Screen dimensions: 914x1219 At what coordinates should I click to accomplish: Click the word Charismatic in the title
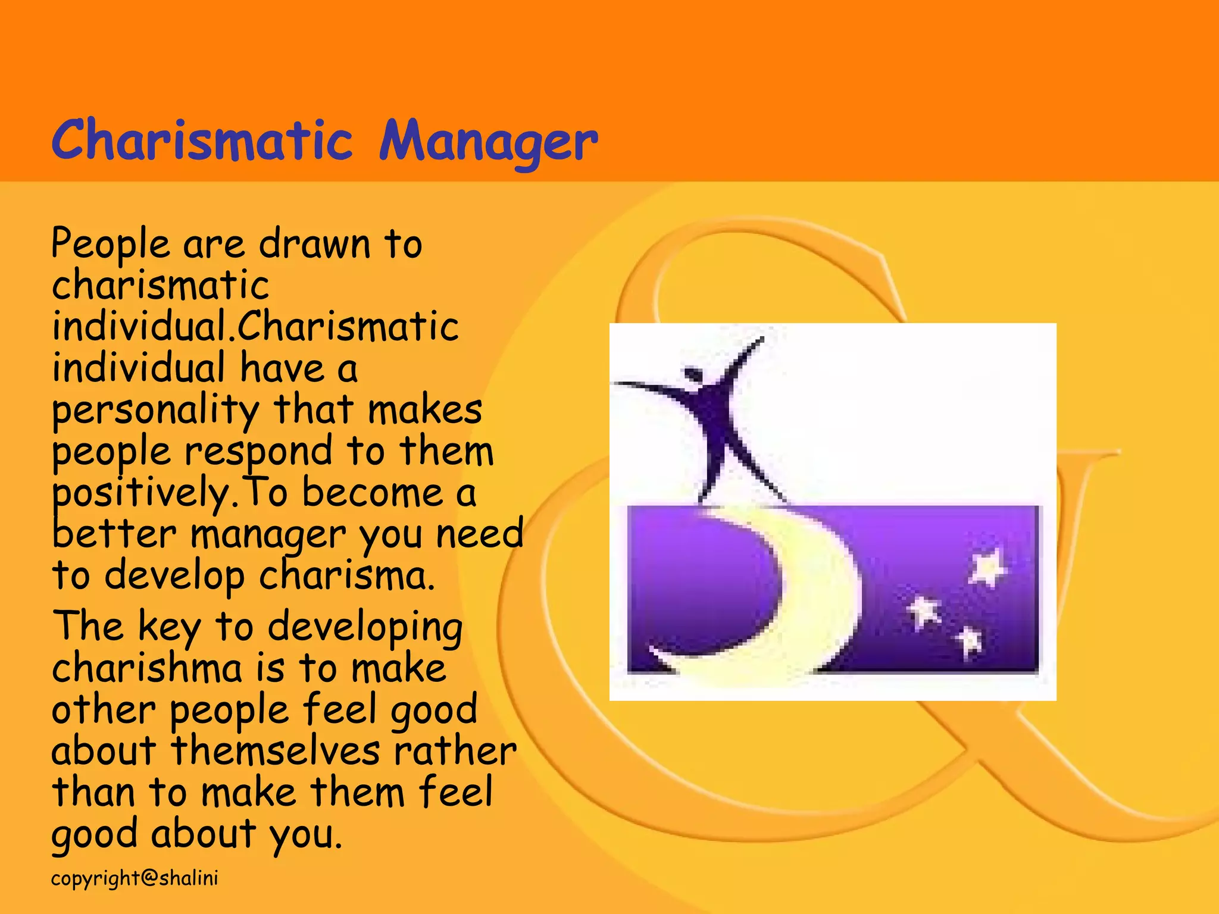[202, 140]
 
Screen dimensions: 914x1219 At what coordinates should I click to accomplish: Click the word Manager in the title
[488, 143]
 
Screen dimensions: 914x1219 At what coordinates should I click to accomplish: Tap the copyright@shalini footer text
[135, 878]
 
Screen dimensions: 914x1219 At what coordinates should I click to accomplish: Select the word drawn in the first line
[315, 244]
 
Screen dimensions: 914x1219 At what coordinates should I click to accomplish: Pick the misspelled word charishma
[147, 668]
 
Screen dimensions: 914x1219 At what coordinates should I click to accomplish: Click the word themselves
[275, 751]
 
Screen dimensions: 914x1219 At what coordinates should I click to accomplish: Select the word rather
[455, 751]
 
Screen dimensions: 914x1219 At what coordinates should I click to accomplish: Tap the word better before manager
[114, 534]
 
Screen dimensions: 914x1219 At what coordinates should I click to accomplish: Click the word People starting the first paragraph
[111, 244]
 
